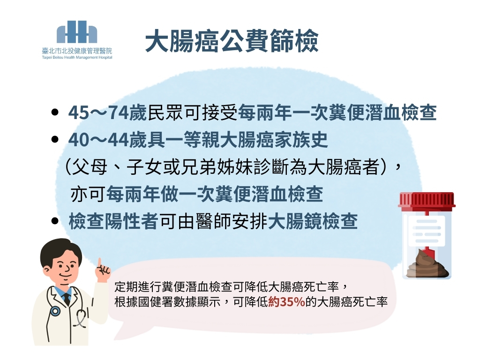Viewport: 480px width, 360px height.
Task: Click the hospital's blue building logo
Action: pyautogui.click(x=77, y=32)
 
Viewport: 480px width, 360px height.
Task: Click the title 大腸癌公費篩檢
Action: pyautogui.click(x=232, y=41)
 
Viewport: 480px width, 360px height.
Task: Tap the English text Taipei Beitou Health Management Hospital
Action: pyautogui.click(x=77, y=57)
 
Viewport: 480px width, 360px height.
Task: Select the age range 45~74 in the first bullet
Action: pyautogui.click(x=98, y=112)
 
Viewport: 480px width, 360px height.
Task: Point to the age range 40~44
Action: pyautogui.click(x=98, y=140)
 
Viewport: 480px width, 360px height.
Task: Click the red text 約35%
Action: pyautogui.click(x=286, y=302)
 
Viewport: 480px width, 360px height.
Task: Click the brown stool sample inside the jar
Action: pyautogui.click(x=427, y=264)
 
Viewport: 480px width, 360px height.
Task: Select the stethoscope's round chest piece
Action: pyautogui.click(x=55, y=312)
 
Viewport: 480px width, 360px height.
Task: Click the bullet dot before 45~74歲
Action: pyautogui.click(x=55, y=112)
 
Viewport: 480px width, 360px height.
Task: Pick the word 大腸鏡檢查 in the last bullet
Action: pyautogui.click(x=313, y=221)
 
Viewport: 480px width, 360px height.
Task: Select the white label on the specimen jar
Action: pyautogui.click(x=427, y=231)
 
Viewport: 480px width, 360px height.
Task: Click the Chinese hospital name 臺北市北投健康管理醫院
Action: pyautogui.click(x=77, y=51)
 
